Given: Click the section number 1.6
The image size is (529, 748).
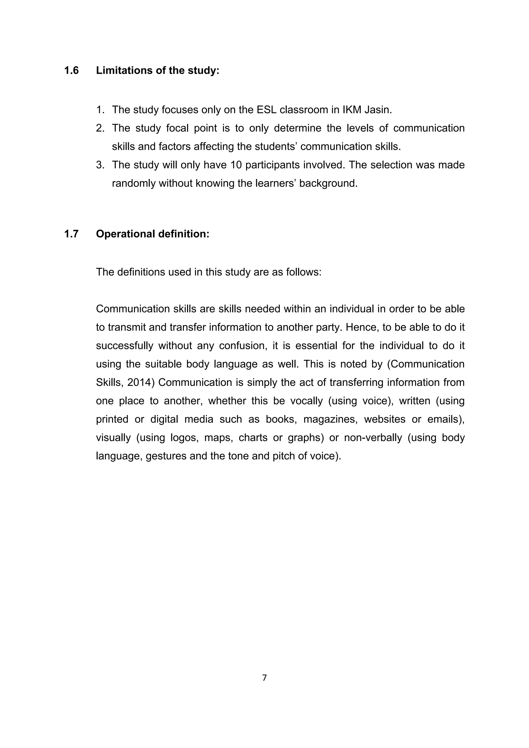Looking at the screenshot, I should [x=71, y=70].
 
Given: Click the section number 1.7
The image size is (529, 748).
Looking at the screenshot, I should [x=71, y=234].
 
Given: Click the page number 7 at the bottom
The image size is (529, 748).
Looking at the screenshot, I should [x=264, y=678].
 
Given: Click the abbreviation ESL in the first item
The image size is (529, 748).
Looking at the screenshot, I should [x=267, y=110].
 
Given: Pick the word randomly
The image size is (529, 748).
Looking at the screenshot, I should [x=134, y=183].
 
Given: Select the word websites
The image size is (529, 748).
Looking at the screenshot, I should [x=384, y=419].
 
